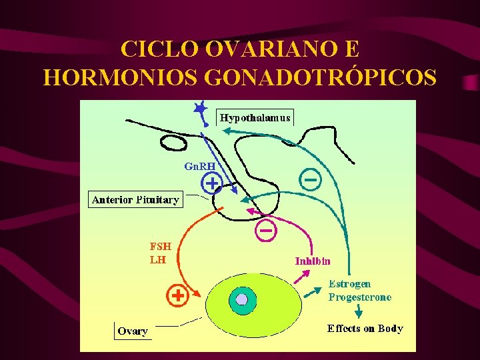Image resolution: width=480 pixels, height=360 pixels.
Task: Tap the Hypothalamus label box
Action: pyautogui.click(x=255, y=118)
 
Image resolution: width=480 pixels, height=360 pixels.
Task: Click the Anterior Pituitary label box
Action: pyautogui.click(x=135, y=199)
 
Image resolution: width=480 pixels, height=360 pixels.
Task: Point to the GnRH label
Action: pyautogui.click(x=199, y=166)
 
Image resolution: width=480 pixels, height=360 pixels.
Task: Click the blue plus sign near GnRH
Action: pyautogui.click(x=211, y=181)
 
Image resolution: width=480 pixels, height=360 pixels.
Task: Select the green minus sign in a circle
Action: pyautogui.click(x=310, y=179)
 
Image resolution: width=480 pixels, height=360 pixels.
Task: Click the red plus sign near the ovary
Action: pyautogui.click(x=177, y=295)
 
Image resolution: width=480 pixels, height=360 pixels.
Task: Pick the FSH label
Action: pyautogui.click(x=160, y=246)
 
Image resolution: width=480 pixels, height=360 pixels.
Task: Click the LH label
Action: pyautogui.click(x=157, y=259)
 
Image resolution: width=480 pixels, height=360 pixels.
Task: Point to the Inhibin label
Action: pyautogui.click(x=313, y=261)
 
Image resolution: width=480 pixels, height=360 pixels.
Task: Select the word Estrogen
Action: pyautogui.click(x=349, y=284)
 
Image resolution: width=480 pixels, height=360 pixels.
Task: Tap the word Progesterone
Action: pyautogui.click(x=360, y=297)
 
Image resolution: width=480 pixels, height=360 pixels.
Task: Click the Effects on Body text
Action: pyautogui.click(x=365, y=328)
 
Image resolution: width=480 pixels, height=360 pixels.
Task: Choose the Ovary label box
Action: pyautogui.click(x=133, y=331)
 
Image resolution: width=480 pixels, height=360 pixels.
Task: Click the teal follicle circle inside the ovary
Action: pyautogui.click(x=243, y=300)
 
